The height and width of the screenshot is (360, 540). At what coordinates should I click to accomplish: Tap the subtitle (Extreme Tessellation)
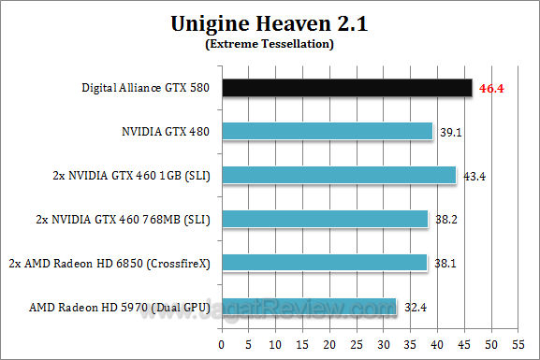270,44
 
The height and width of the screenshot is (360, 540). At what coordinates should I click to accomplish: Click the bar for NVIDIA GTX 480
328,132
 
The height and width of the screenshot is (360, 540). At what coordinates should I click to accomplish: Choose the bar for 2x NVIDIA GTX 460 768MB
325,219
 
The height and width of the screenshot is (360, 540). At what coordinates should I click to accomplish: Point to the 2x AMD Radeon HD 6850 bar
325,263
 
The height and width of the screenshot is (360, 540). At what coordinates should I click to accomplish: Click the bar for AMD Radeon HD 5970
309,306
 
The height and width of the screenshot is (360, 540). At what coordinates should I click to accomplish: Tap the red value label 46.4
492,89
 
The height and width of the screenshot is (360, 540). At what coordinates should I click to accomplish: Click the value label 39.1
451,133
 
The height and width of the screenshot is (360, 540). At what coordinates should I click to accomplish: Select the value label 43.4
474,176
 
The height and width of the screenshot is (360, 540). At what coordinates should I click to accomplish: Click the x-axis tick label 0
222,341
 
